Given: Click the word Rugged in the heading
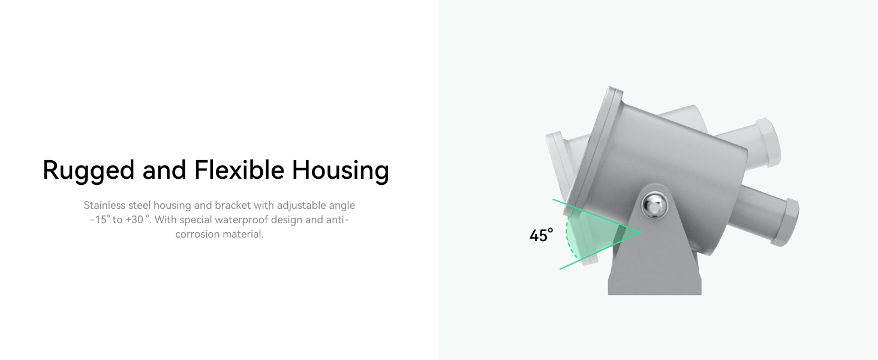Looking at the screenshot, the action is tap(89, 170).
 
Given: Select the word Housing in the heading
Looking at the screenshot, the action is tap(340, 170).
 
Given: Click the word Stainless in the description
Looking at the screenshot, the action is tap(104, 205).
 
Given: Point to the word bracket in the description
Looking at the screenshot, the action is tap(233, 205).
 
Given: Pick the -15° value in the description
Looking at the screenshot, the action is tap(100, 220).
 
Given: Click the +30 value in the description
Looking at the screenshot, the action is tap(134, 220).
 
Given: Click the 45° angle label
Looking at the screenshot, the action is tap(542, 235).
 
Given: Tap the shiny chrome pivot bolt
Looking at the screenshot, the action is tap(654, 205).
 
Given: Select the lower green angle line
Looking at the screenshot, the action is tap(600, 251).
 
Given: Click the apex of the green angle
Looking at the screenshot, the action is tap(642, 232).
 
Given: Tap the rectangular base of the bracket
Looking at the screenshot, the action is tap(654, 286).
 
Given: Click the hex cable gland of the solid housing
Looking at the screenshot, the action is tap(788, 223).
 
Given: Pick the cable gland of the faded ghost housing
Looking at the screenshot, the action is tap(768, 142).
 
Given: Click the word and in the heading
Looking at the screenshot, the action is tap(164, 170).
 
